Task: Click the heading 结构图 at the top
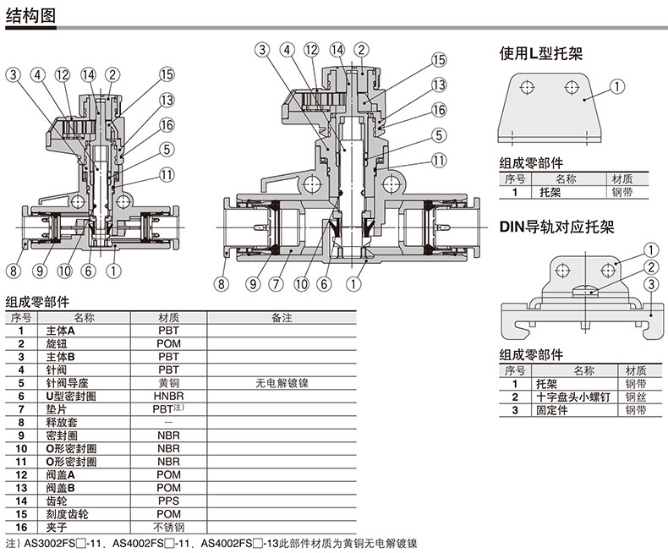coord(30,16)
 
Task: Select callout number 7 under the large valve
coord(276,284)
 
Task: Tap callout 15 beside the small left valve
coord(167,74)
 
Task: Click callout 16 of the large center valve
coord(439,110)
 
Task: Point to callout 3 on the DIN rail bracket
coord(651,284)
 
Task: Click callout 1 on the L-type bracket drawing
coord(617,87)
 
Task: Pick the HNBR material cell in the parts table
coord(169,397)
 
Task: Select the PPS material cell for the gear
coord(169,501)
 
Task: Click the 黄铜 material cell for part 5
coord(169,383)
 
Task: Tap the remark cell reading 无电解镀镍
coord(282,383)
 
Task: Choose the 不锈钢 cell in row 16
coord(169,528)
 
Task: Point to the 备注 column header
coord(282,318)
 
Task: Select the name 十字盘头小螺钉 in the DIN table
coord(573,397)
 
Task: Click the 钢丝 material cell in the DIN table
coord(636,397)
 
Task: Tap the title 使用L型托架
coord(541,53)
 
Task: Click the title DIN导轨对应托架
coord(557,227)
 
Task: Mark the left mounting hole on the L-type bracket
coord(528,88)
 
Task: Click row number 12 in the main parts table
coord(21,475)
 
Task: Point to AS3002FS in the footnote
coord(49,544)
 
